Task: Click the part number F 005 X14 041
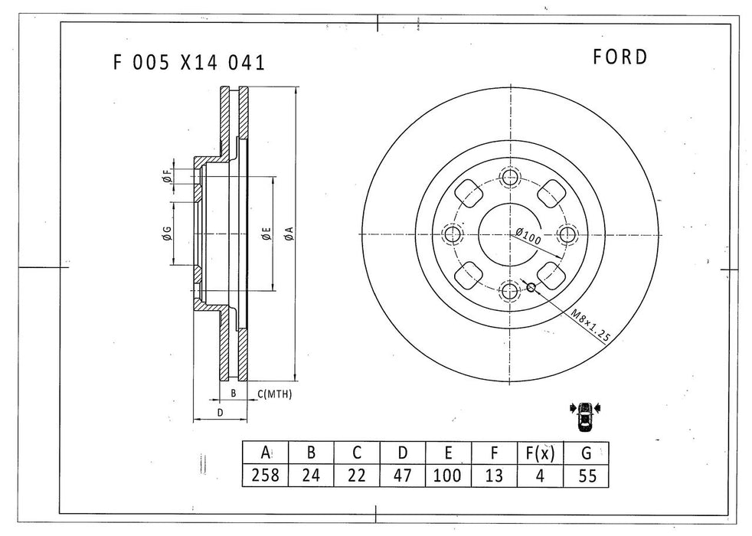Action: (188, 63)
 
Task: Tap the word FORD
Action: (620, 57)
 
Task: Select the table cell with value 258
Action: (265, 475)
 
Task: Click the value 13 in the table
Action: (494, 475)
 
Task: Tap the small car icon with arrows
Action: (587, 416)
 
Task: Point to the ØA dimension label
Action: (289, 234)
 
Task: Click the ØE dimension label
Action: (265, 234)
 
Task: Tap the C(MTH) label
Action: (275, 394)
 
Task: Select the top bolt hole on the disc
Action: (510, 178)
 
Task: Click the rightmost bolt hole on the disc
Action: (567, 234)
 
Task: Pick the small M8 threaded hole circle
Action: (530, 288)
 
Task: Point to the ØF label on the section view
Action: (167, 177)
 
